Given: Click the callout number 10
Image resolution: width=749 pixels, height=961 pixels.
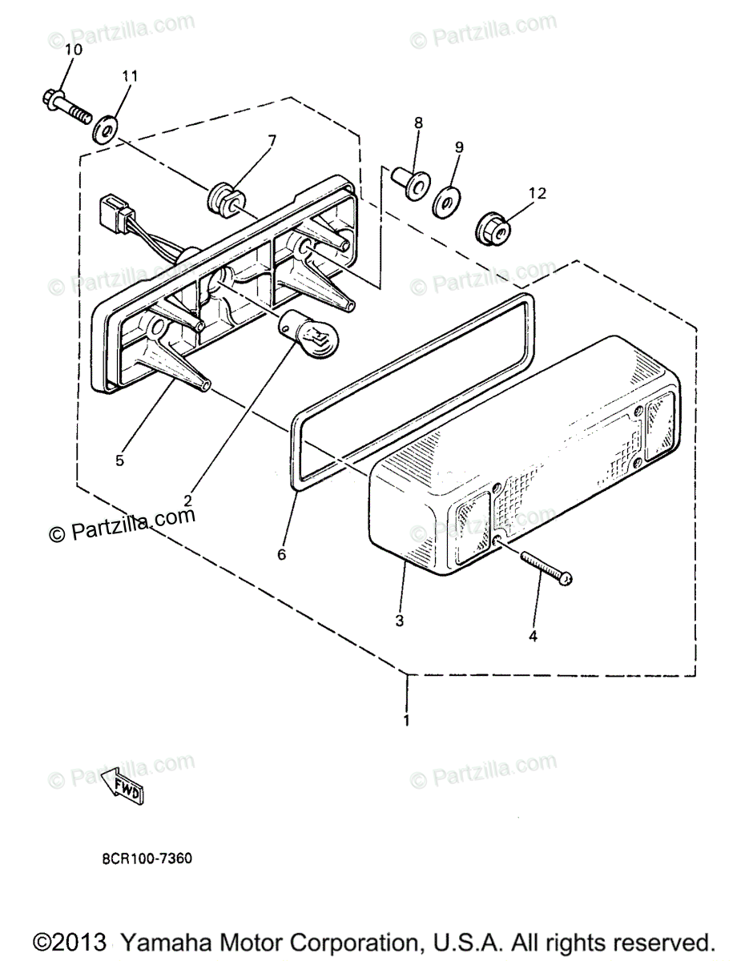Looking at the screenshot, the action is coord(73,50).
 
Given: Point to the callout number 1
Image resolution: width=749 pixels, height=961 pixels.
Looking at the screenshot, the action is coord(407,721).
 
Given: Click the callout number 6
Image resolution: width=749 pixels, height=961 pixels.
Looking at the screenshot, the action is coord(281,553).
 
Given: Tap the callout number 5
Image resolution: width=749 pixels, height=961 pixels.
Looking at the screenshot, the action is coord(119,460).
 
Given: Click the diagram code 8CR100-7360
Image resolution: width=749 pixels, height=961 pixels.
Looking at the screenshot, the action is coord(147,858).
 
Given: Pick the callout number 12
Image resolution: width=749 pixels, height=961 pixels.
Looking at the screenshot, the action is coord(537,193).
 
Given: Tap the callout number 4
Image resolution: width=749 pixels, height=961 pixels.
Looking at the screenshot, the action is coord(534,637).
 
